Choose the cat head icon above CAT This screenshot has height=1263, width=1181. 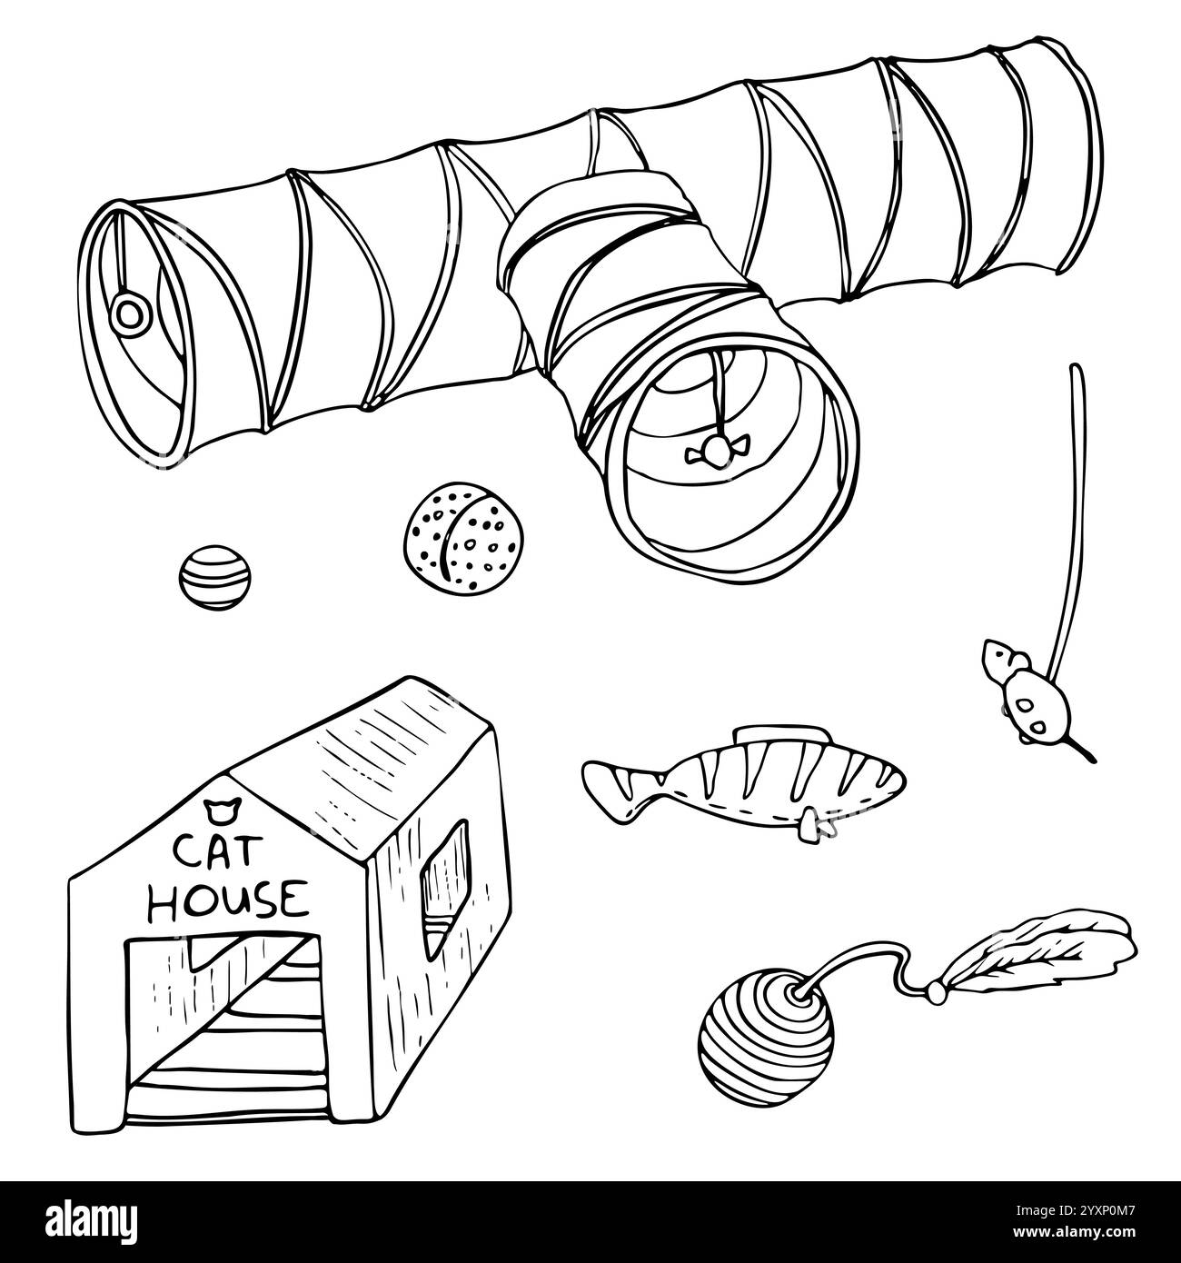coord(216,805)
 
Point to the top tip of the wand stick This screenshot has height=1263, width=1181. coord(1076,368)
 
